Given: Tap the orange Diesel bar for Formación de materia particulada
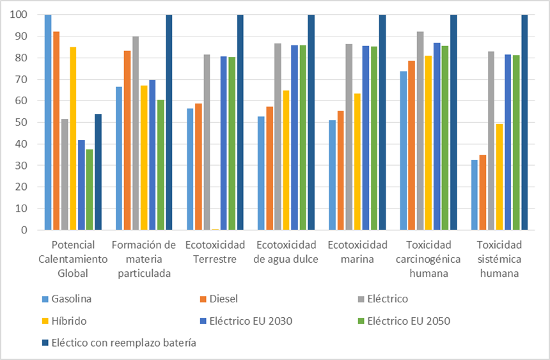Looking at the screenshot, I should pos(127,140).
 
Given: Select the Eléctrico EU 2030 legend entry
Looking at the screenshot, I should pos(246,321).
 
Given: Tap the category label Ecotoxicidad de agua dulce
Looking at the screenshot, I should pos(287,252).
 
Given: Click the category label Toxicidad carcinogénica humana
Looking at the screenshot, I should pos(428,259).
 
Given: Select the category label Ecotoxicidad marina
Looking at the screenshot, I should pos(357,252).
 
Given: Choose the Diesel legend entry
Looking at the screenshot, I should pos(224,299).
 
